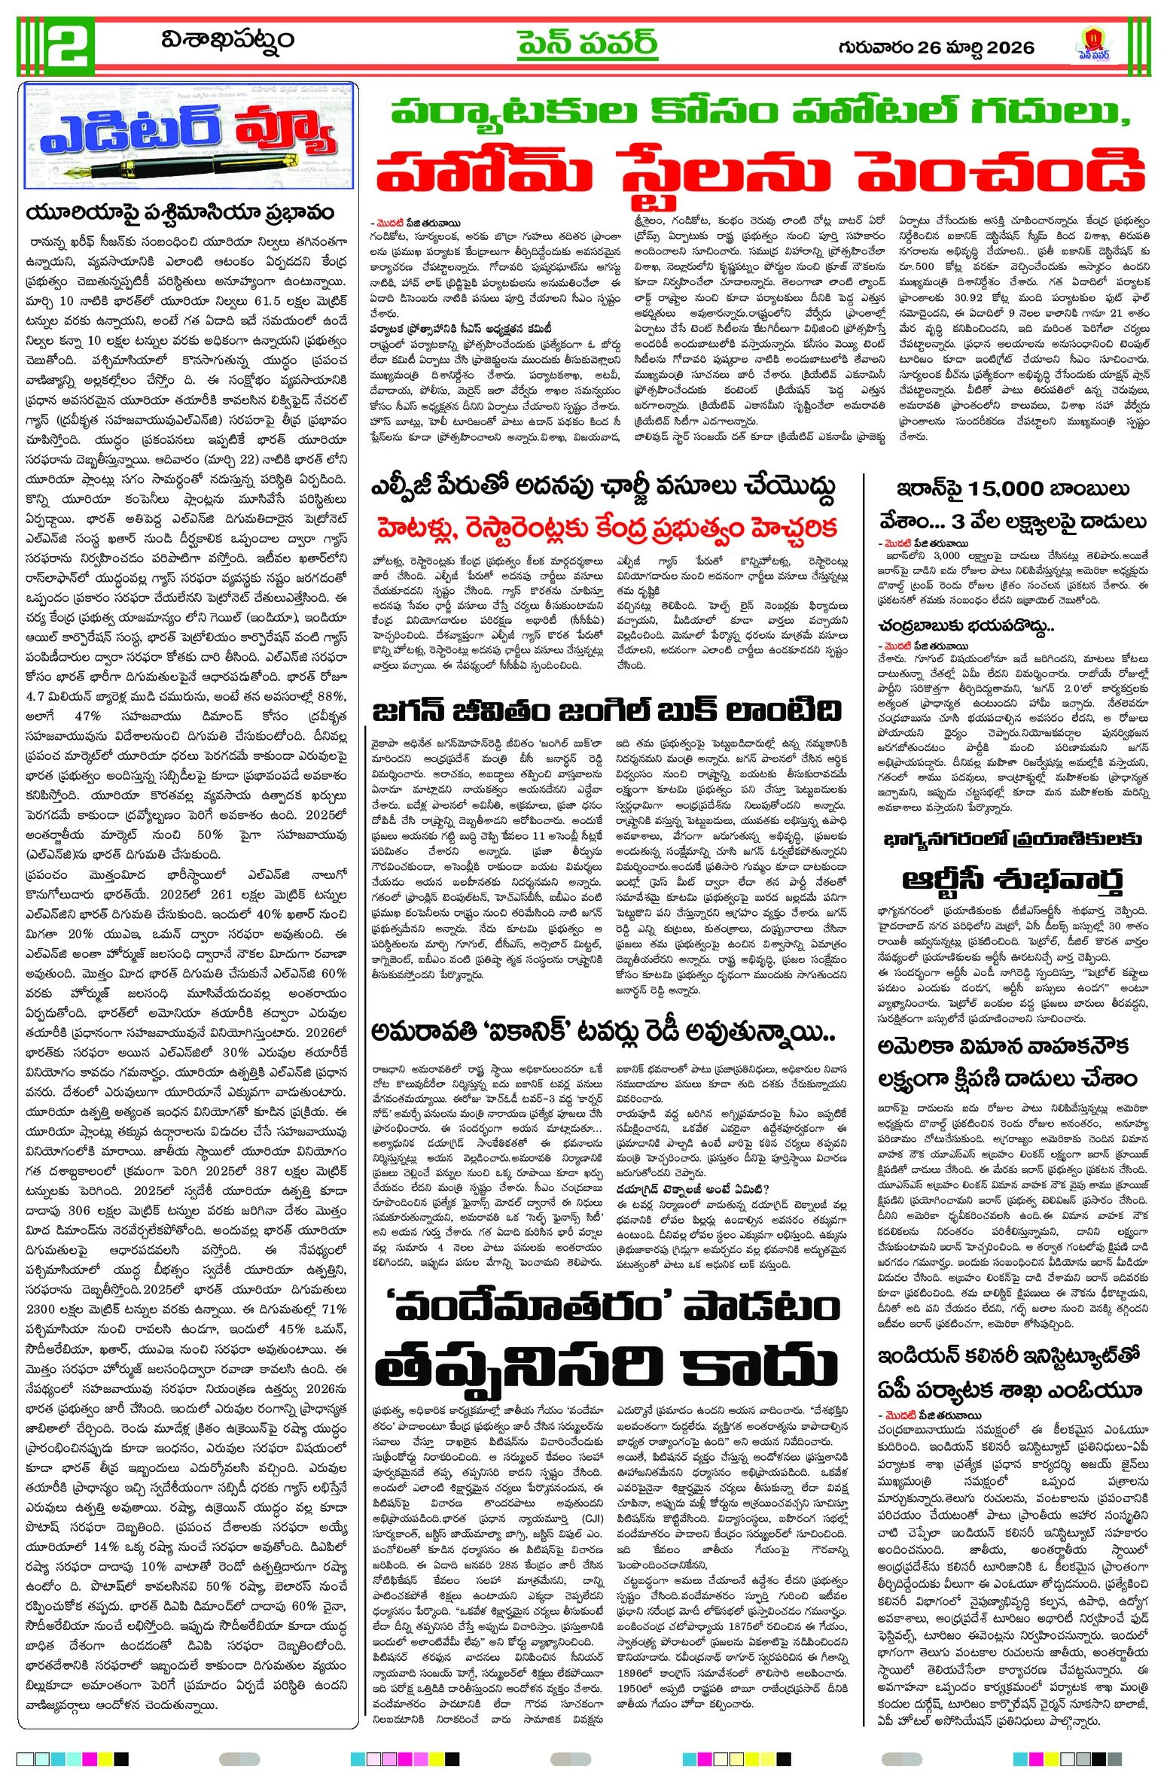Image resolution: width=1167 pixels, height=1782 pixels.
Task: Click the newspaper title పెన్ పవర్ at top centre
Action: [587, 43]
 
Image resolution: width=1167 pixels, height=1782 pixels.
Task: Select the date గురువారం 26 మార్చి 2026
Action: [936, 47]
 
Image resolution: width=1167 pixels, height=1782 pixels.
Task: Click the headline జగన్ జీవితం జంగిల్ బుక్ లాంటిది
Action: [606, 710]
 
